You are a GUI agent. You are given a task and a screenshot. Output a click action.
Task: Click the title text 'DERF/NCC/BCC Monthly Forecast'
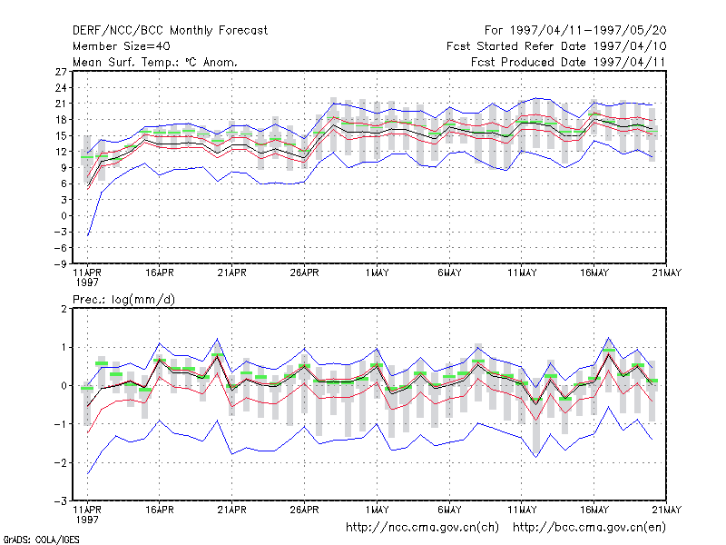[170, 31]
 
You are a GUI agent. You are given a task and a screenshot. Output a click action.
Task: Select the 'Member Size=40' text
[122, 46]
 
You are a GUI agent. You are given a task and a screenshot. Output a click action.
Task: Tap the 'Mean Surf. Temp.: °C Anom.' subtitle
[155, 62]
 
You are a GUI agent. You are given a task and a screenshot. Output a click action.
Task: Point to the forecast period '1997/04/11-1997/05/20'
[588, 31]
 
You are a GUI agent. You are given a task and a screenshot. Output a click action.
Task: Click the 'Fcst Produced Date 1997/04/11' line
[568, 62]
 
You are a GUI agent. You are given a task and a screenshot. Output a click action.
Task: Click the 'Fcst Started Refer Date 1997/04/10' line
[556, 46]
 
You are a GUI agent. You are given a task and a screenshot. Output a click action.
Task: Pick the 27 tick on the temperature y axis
[61, 72]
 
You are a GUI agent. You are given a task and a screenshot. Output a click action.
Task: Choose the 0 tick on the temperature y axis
[64, 216]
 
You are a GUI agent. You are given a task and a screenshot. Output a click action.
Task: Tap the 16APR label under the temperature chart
[160, 272]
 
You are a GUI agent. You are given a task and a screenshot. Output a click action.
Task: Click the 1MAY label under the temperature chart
[377, 272]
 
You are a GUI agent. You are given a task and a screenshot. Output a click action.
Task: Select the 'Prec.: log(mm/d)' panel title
[123, 300]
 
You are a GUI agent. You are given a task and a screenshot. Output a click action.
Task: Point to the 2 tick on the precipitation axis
[64, 309]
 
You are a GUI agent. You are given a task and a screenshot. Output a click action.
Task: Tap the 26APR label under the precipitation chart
[304, 510]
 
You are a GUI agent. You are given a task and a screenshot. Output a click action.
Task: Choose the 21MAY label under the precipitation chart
[667, 510]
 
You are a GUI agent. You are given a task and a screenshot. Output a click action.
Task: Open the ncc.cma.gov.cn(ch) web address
[422, 528]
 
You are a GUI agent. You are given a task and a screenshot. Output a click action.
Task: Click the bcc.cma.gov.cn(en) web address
[589, 528]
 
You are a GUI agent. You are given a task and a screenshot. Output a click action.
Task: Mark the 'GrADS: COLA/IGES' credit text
[41, 540]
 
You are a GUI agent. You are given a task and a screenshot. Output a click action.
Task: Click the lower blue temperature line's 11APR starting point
[87, 236]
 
